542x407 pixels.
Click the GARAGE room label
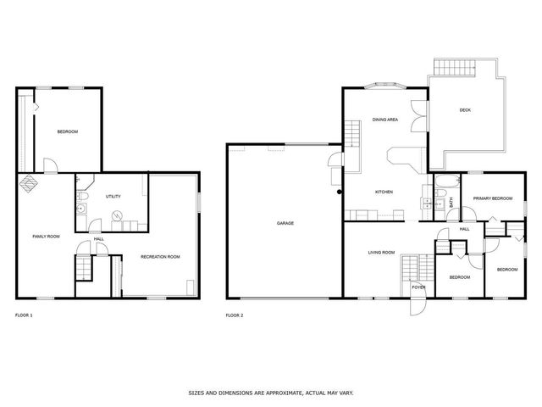pos(284,224)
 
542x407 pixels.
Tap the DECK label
pos(465,110)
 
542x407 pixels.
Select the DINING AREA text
pos(385,120)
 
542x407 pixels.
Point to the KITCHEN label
pos(384,192)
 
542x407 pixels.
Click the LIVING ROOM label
pos(381,252)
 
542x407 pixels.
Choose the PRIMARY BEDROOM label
pos(493,198)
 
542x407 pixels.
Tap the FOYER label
pos(418,287)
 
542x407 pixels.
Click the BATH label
pos(451,202)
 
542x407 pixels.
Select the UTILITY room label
pos(113,196)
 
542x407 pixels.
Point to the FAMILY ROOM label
pos(46,236)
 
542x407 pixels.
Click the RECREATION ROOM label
pos(160,256)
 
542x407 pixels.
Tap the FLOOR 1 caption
pos(24,315)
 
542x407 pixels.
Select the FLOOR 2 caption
pos(235,315)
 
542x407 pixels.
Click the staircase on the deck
pos(446,67)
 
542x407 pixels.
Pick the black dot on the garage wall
pos(340,192)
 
